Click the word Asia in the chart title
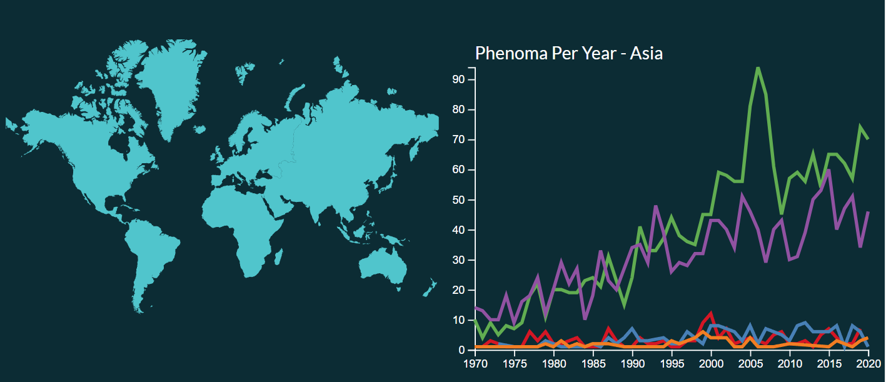[646, 53]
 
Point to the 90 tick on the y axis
[458, 79]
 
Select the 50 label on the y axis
[458, 200]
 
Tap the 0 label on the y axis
[461, 350]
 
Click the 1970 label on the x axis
[475, 364]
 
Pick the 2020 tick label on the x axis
[868, 364]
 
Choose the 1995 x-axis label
[672, 364]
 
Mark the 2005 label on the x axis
[751, 364]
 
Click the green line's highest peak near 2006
[758, 68]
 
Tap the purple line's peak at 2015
[828, 170]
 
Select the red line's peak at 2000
[711, 314]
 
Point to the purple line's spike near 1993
[656, 206]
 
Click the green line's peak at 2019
[860, 126]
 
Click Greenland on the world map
[168, 83]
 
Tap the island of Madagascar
[278, 256]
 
